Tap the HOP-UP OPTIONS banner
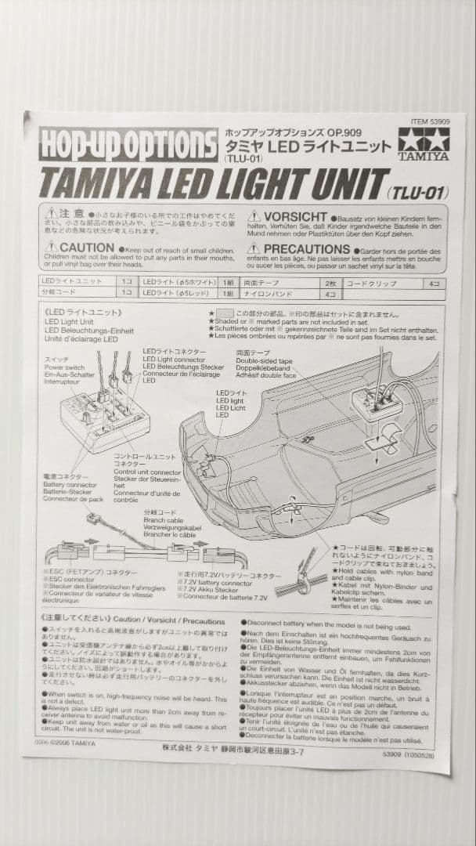tap(128, 145)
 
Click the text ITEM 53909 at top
tap(429, 122)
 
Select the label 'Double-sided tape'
tap(261, 361)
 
